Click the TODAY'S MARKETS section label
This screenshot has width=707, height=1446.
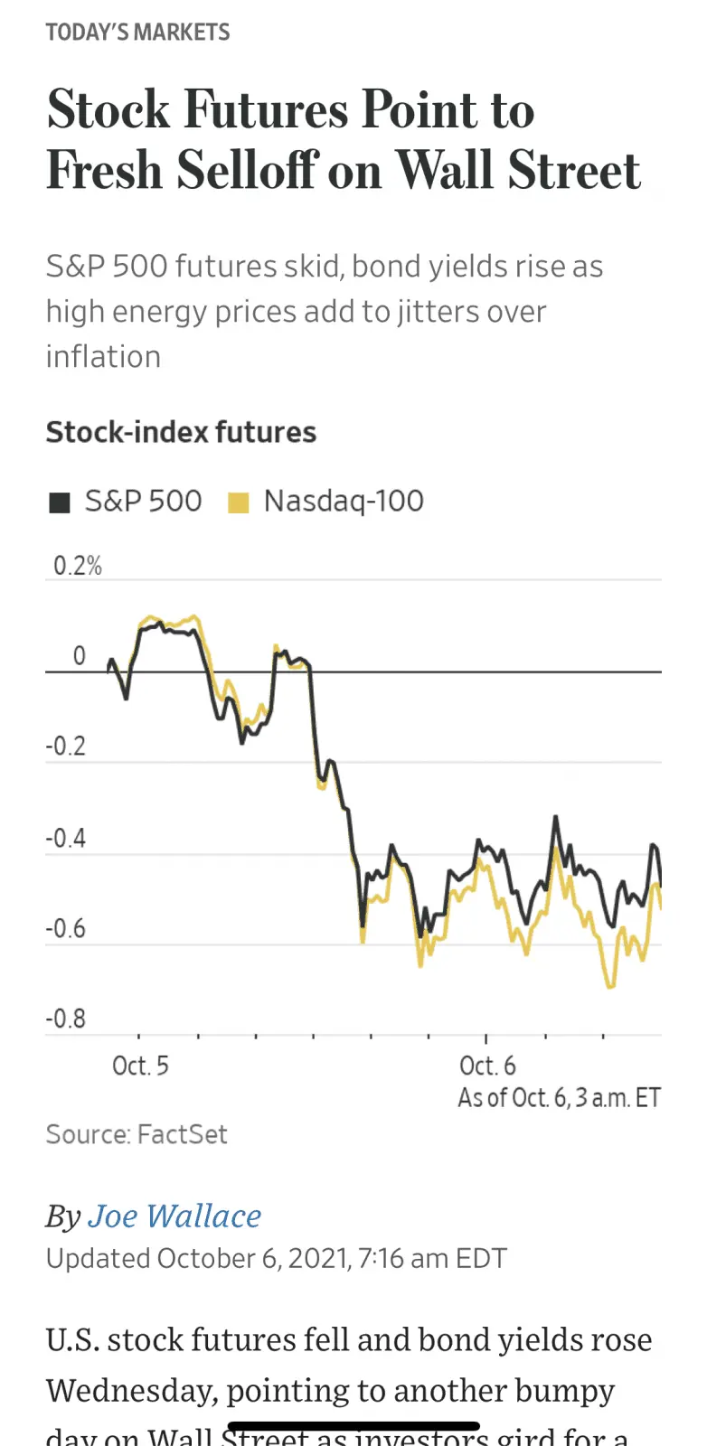point(137,33)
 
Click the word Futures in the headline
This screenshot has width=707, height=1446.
point(267,109)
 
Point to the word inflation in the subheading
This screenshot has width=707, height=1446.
point(103,357)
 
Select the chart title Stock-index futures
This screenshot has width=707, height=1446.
point(181,432)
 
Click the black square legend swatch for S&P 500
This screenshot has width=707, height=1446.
point(60,502)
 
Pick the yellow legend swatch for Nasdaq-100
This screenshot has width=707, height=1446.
point(238,502)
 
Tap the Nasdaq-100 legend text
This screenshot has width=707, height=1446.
point(344,501)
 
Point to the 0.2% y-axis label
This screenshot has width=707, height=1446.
point(77,566)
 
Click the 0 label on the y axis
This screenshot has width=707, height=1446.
point(80,656)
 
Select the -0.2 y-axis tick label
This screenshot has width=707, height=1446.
point(66,746)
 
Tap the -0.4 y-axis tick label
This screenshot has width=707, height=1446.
point(66,838)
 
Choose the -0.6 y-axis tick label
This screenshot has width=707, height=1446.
point(66,928)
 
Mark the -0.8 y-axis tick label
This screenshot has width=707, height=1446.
point(66,1019)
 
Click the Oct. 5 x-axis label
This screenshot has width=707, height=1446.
point(140,1066)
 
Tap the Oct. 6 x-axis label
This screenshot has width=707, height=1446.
point(487,1066)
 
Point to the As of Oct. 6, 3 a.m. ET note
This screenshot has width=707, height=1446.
point(559,1097)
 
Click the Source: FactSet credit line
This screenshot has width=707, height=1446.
point(137,1134)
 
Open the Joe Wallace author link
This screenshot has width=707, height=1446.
point(174,1216)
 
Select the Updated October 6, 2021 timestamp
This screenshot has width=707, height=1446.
point(276,1258)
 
